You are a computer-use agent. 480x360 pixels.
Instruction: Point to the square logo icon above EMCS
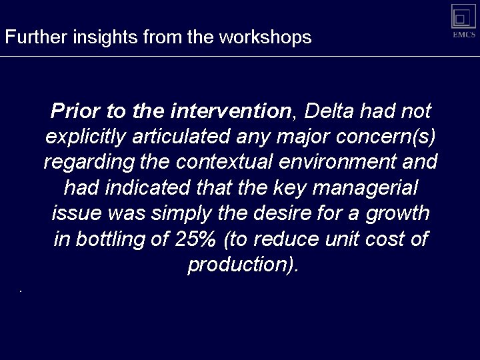point(463,16)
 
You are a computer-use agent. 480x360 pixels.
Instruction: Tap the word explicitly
point(85,136)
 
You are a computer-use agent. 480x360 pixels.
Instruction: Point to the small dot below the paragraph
point(21,291)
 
